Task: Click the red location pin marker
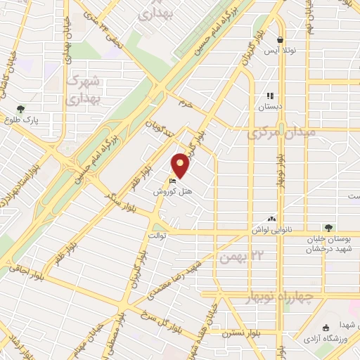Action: point(181,165)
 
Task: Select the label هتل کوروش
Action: point(169,191)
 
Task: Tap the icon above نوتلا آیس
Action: point(281,40)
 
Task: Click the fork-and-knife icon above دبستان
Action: point(269,96)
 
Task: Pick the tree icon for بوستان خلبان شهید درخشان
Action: point(328,228)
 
